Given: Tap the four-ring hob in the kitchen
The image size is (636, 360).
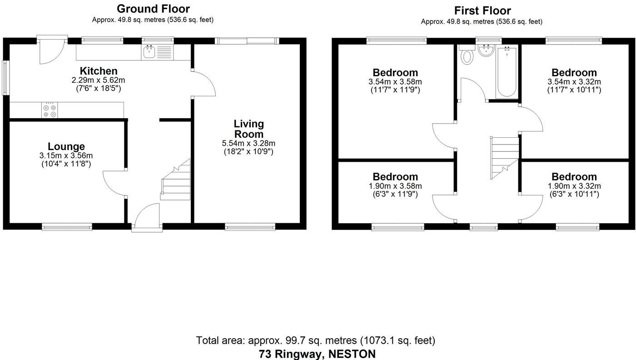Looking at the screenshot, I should (50, 110).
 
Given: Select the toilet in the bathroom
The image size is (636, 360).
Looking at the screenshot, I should (467, 56).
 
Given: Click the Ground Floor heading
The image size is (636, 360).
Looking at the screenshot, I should (153, 9).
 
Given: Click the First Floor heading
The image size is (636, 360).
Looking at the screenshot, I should (482, 10).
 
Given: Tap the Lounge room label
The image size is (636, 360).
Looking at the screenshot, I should (66, 146).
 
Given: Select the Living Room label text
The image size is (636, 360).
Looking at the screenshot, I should (248, 129).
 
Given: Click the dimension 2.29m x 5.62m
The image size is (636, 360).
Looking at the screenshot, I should (98, 80).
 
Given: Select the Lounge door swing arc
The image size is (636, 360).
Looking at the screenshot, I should (114, 182).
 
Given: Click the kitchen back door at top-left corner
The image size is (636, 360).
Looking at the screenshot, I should (51, 51).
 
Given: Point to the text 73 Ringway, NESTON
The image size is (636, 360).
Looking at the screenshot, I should (317, 354).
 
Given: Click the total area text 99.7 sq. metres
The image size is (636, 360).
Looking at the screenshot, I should (315, 340).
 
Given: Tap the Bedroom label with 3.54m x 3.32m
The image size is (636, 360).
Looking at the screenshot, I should (574, 73).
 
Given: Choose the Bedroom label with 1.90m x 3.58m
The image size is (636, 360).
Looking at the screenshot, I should (395, 177).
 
